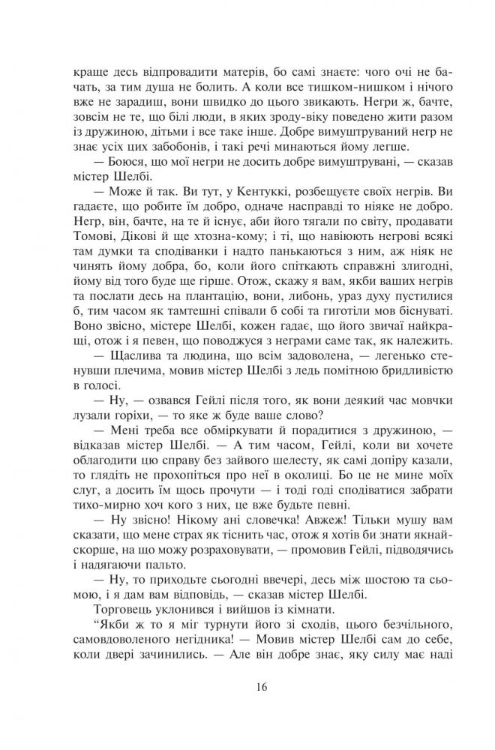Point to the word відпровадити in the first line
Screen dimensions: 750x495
click(149, 77)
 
